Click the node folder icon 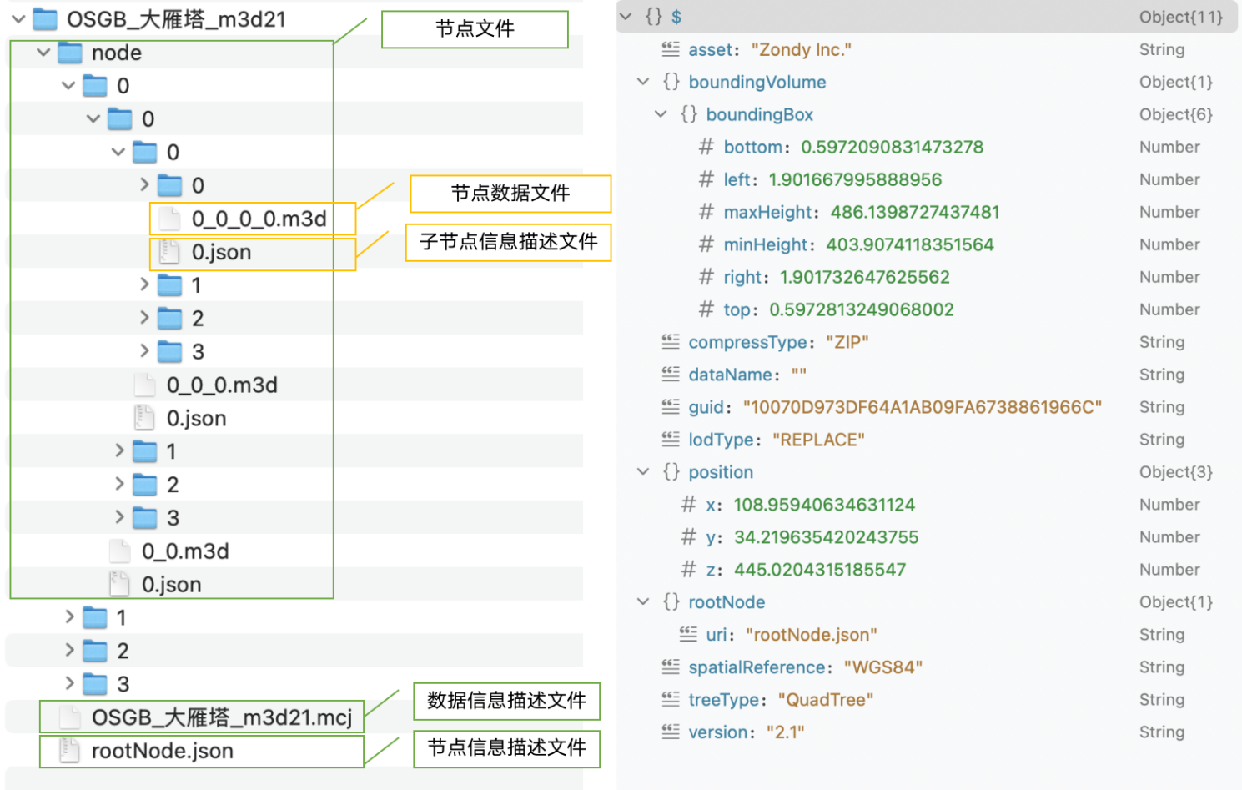coord(70,53)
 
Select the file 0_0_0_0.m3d coord(259,219)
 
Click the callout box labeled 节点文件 coord(475,29)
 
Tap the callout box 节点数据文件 coord(510,194)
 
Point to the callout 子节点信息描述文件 coord(509,242)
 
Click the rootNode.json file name coord(163,751)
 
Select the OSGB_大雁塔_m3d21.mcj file coord(222,717)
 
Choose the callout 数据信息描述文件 coord(506,701)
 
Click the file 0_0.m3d coord(185,551)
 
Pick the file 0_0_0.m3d coord(222,385)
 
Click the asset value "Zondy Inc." coord(802,50)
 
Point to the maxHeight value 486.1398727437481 coord(915,213)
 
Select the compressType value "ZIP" coord(847,342)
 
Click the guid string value coord(922,407)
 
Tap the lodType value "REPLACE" coord(818,440)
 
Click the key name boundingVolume coord(757,82)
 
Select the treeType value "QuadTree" coord(826,700)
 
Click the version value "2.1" coord(785,732)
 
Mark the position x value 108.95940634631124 coord(824,505)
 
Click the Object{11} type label coord(1181,18)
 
